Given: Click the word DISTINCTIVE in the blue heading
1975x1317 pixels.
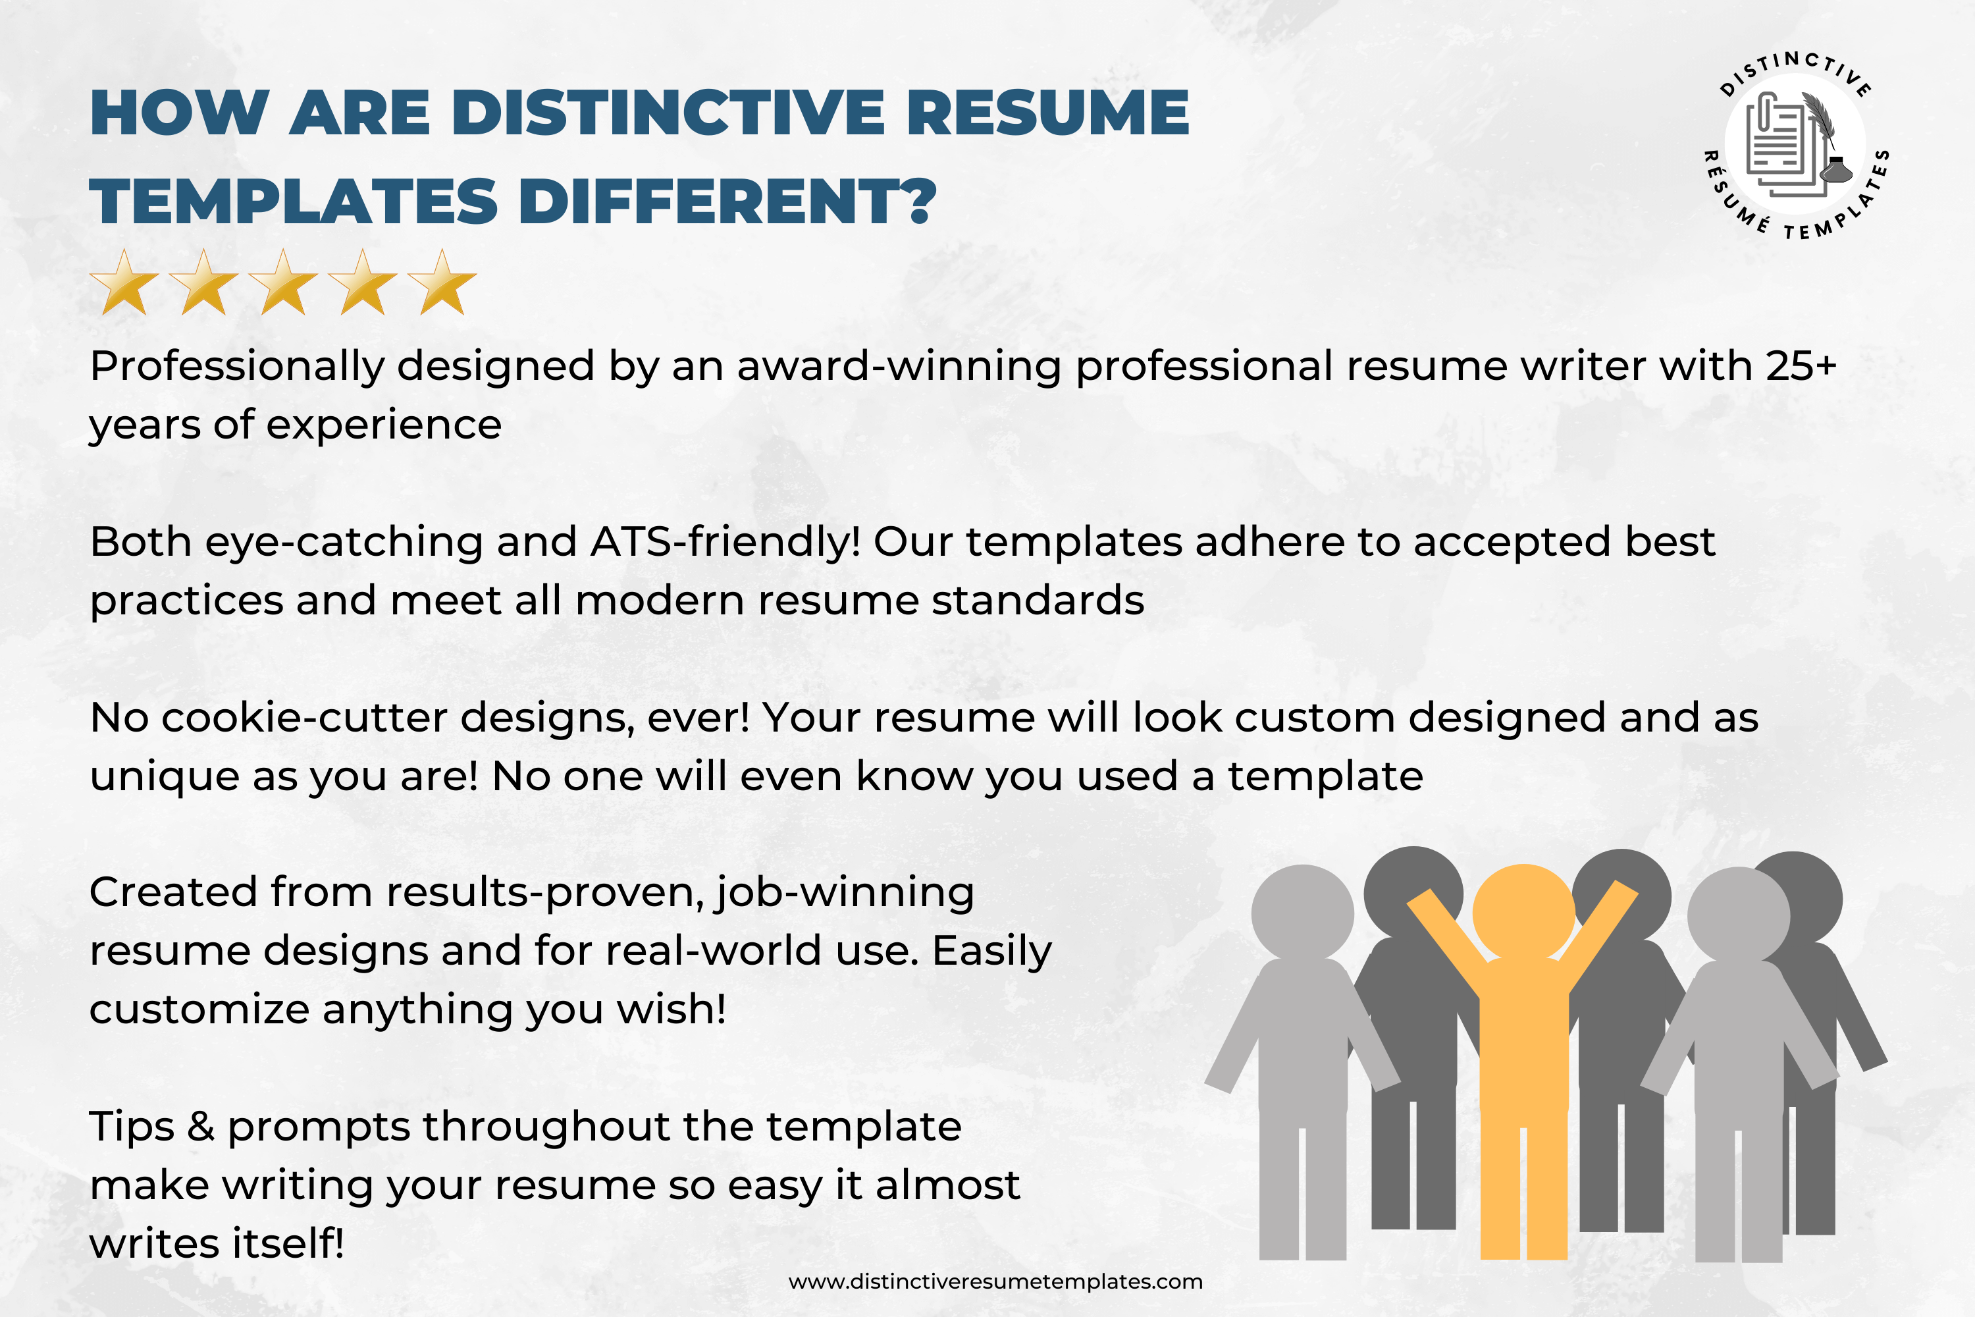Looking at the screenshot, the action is coord(668,113).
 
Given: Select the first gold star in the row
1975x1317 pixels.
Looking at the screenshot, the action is coord(124,283).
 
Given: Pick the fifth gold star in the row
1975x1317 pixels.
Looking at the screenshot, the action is coord(442,283).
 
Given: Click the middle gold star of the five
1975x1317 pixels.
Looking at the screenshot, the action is coord(283,283).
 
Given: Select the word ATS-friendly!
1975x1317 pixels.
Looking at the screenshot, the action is coord(725,543).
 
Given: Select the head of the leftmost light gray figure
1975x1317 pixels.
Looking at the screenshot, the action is coord(1302,915).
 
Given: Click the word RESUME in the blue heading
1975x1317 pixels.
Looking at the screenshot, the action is coord(1048,113).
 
